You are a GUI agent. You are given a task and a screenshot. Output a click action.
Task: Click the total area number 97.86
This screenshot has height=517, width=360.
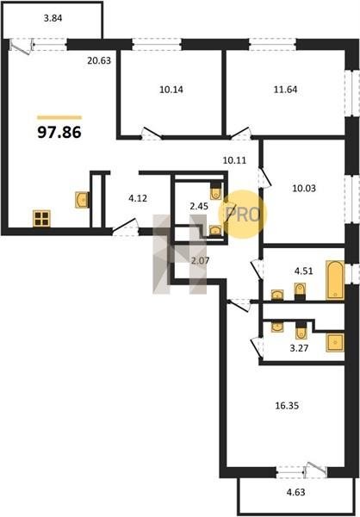click(59, 132)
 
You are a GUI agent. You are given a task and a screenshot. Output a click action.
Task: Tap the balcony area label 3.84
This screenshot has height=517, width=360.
click(53, 18)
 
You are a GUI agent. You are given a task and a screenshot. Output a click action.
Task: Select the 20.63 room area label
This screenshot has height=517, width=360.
click(99, 60)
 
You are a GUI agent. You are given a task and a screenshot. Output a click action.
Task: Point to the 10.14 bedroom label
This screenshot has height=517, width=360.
click(171, 90)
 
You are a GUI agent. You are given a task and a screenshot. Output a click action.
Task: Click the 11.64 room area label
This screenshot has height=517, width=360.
click(285, 90)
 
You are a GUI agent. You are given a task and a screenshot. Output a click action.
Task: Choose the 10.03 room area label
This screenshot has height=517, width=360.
click(304, 188)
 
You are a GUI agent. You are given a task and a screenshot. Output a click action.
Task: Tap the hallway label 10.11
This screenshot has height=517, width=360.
click(234, 160)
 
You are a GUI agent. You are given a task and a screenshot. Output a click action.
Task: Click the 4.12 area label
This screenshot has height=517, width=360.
click(138, 198)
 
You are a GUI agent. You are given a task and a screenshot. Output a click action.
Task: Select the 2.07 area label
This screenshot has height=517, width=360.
click(200, 261)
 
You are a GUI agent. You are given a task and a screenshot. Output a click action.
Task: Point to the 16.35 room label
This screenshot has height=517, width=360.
click(287, 406)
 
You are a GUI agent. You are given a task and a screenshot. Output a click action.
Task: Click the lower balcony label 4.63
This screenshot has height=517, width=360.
click(295, 493)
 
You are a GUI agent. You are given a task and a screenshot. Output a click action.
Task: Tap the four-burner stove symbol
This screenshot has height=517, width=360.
click(41, 218)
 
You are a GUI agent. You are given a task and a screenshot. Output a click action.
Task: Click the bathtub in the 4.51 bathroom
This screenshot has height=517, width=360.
click(335, 280)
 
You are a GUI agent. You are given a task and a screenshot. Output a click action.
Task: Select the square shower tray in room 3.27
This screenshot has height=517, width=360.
click(335, 342)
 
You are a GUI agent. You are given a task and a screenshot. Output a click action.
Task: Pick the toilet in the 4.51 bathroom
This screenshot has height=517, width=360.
click(300, 291)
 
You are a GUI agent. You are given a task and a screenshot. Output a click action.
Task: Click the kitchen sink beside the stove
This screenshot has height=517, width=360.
click(82, 200)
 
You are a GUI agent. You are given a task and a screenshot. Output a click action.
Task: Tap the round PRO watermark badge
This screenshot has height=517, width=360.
click(243, 215)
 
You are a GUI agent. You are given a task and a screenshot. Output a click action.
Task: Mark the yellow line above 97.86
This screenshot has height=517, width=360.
click(59, 117)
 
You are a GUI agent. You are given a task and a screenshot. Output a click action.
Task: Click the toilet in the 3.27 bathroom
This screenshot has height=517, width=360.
click(301, 331)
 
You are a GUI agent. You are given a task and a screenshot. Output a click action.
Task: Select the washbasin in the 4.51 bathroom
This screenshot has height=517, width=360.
click(277, 295)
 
